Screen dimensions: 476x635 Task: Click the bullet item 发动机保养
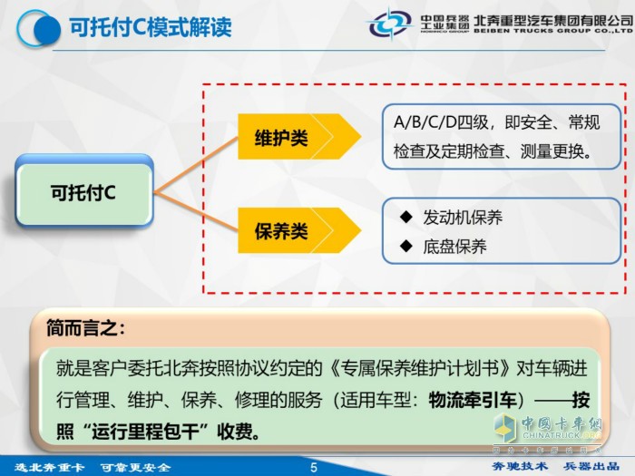463,219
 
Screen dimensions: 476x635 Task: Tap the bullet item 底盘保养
455,246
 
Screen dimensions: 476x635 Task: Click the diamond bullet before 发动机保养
406,218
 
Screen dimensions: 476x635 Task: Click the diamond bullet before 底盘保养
406,246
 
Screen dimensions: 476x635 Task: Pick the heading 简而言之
86,328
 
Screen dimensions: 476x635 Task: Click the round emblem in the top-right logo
391,22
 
